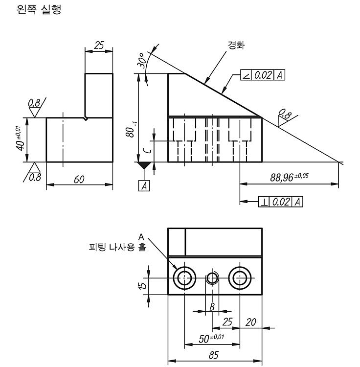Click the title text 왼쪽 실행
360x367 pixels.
coord(39,10)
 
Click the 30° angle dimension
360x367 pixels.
coord(143,60)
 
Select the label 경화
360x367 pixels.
coord(236,45)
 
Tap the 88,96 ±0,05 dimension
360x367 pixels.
coord(289,177)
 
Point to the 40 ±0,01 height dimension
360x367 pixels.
coord(21,139)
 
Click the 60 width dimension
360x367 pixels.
coord(79,180)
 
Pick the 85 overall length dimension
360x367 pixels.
coord(214,355)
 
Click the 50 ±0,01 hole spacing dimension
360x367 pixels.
coord(211,338)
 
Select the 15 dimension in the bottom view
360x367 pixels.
coord(142,286)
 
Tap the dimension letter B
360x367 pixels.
coord(212,307)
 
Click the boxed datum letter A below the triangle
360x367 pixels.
coord(144,186)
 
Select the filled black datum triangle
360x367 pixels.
coord(144,165)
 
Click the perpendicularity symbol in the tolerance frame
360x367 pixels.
coord(264,202)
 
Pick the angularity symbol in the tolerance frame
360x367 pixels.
coord(246,75)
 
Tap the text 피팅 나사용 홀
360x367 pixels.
coord(118,247)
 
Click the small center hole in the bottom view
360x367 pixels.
coord(212,278)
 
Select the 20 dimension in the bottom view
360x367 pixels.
coord(250,322)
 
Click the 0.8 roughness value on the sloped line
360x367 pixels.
coord(285,114)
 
